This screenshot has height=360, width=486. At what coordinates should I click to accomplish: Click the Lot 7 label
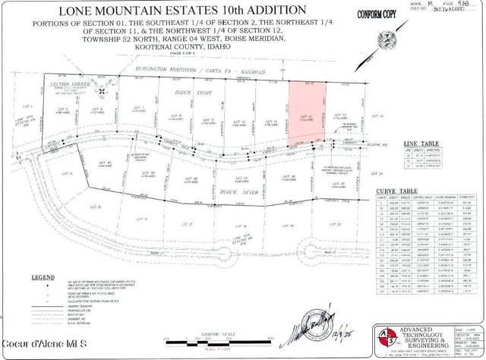[139, 108]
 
